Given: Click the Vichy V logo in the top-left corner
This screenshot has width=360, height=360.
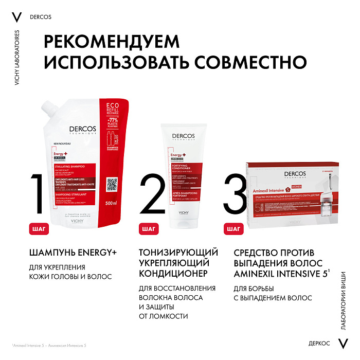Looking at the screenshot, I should [x=17, y=16].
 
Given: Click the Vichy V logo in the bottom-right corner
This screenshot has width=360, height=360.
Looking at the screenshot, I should [x=343, y=343].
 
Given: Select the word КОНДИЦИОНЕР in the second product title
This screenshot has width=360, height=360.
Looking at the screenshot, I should [x=173, y=272].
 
